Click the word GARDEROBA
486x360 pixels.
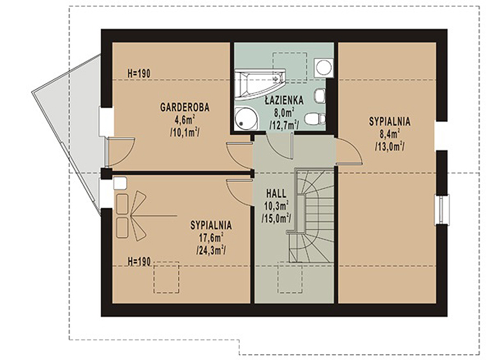pyautogui.click(x=185, y=107)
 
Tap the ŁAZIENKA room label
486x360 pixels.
pyautogui.click(x=284, y=100)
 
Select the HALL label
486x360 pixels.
pyautogui.click(x=276, y=194)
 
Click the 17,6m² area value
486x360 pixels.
pyautogui.click(x=211, y=238)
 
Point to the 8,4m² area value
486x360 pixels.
pyautogui.click(x=389, y=133)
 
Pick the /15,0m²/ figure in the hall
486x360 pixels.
pyautogui.click(x=276, y=218)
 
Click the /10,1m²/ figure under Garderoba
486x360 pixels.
pyautogui.click(x=185, y=132)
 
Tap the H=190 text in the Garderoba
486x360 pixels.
pyautogui.click(x=139, y=73)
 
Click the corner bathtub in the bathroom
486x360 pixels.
pyautogui.click(x=260, y=84)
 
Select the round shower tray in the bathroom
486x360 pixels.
pyautogui.click(x=246, y=119)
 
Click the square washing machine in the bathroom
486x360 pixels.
pyautogui.click(x=324, y=67)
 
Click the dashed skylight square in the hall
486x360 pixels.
pyautogui.click(x=290, y=277)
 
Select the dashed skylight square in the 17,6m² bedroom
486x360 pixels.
pyautogui.click(x=166, y=277)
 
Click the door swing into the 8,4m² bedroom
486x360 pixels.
pyautogui.click(x=350, y=151)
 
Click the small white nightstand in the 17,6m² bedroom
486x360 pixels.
pyautogui.click(x=121, y=183)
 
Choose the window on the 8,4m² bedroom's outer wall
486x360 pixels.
pyautogui.click(x=442, y=209)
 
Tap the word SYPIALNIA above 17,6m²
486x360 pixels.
pyautogui.click(x=211, y=225)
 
